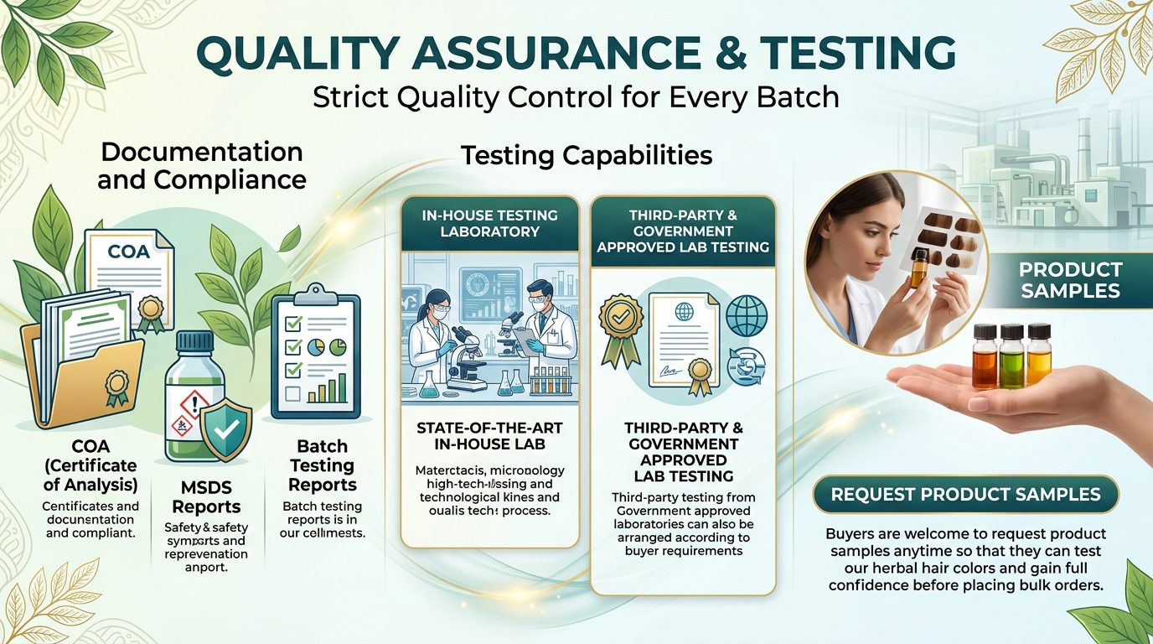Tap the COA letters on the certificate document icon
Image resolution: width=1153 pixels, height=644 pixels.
(x=129, y=252)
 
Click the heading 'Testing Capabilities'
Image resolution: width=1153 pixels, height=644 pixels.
(x=587, y=155)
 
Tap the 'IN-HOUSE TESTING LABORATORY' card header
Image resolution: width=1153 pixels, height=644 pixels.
(x=489, y=223)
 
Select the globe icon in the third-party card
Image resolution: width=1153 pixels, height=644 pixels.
(x=746, y=317)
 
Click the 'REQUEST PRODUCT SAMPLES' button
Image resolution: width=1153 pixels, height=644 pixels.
(x=965, y=494)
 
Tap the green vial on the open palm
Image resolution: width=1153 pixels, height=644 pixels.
(x=1012, y=356)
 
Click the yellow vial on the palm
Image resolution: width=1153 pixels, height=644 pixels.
(x=1039, y=354)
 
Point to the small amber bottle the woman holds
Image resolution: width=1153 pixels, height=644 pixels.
(x=919, y=267)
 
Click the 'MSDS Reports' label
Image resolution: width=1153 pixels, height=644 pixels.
(x=206, y=497)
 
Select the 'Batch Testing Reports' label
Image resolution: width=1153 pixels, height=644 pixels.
(x=323, y=465)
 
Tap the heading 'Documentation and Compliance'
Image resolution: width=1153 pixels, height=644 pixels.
(x=202, y=165)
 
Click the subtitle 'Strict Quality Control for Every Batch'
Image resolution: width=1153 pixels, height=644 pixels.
(x=576, y=97)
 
